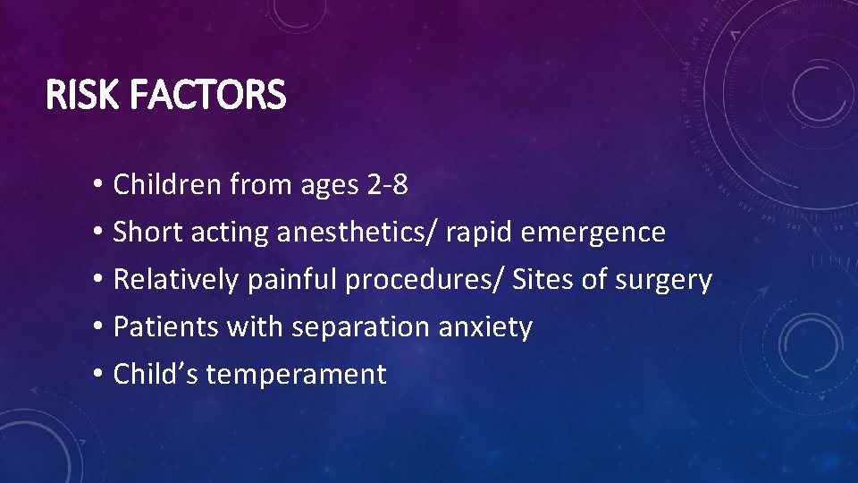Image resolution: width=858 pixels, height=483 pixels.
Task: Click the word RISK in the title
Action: [80, 96]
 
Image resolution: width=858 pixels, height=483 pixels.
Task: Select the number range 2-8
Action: [387, 185]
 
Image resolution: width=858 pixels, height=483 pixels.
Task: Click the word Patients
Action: [166, 327]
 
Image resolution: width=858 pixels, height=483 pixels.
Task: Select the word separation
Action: [360, 327]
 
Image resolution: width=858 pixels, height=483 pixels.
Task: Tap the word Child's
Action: [156, 374]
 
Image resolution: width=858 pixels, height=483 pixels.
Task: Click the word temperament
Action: [296, 375]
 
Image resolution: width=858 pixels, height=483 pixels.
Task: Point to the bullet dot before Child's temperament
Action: [96, 375]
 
